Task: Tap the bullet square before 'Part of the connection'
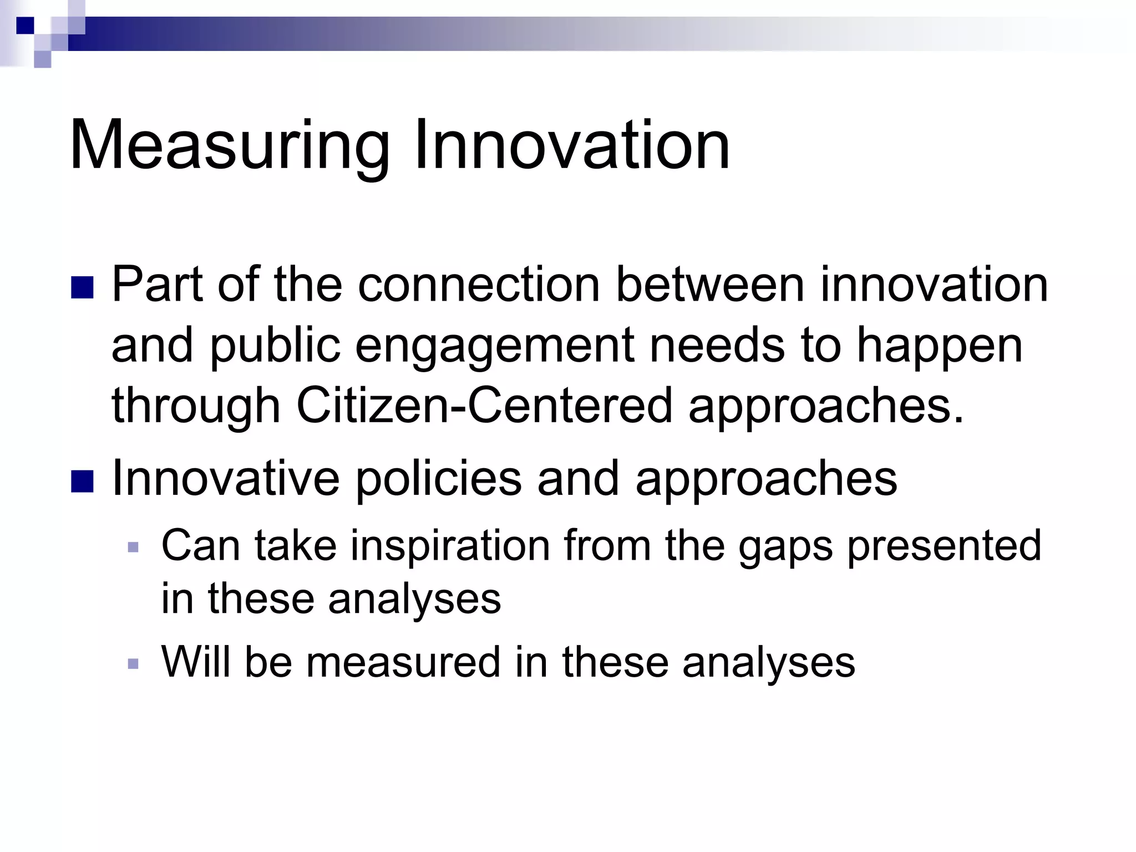tap(82, 287)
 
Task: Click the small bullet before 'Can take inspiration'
tap(133, 547)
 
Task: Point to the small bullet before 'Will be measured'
tap(133, 663)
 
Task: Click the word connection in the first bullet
tap(479, 285)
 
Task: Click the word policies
tap(438, 478)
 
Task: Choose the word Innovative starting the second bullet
tap(225, 478)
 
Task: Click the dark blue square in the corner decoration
tap(25, 25)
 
